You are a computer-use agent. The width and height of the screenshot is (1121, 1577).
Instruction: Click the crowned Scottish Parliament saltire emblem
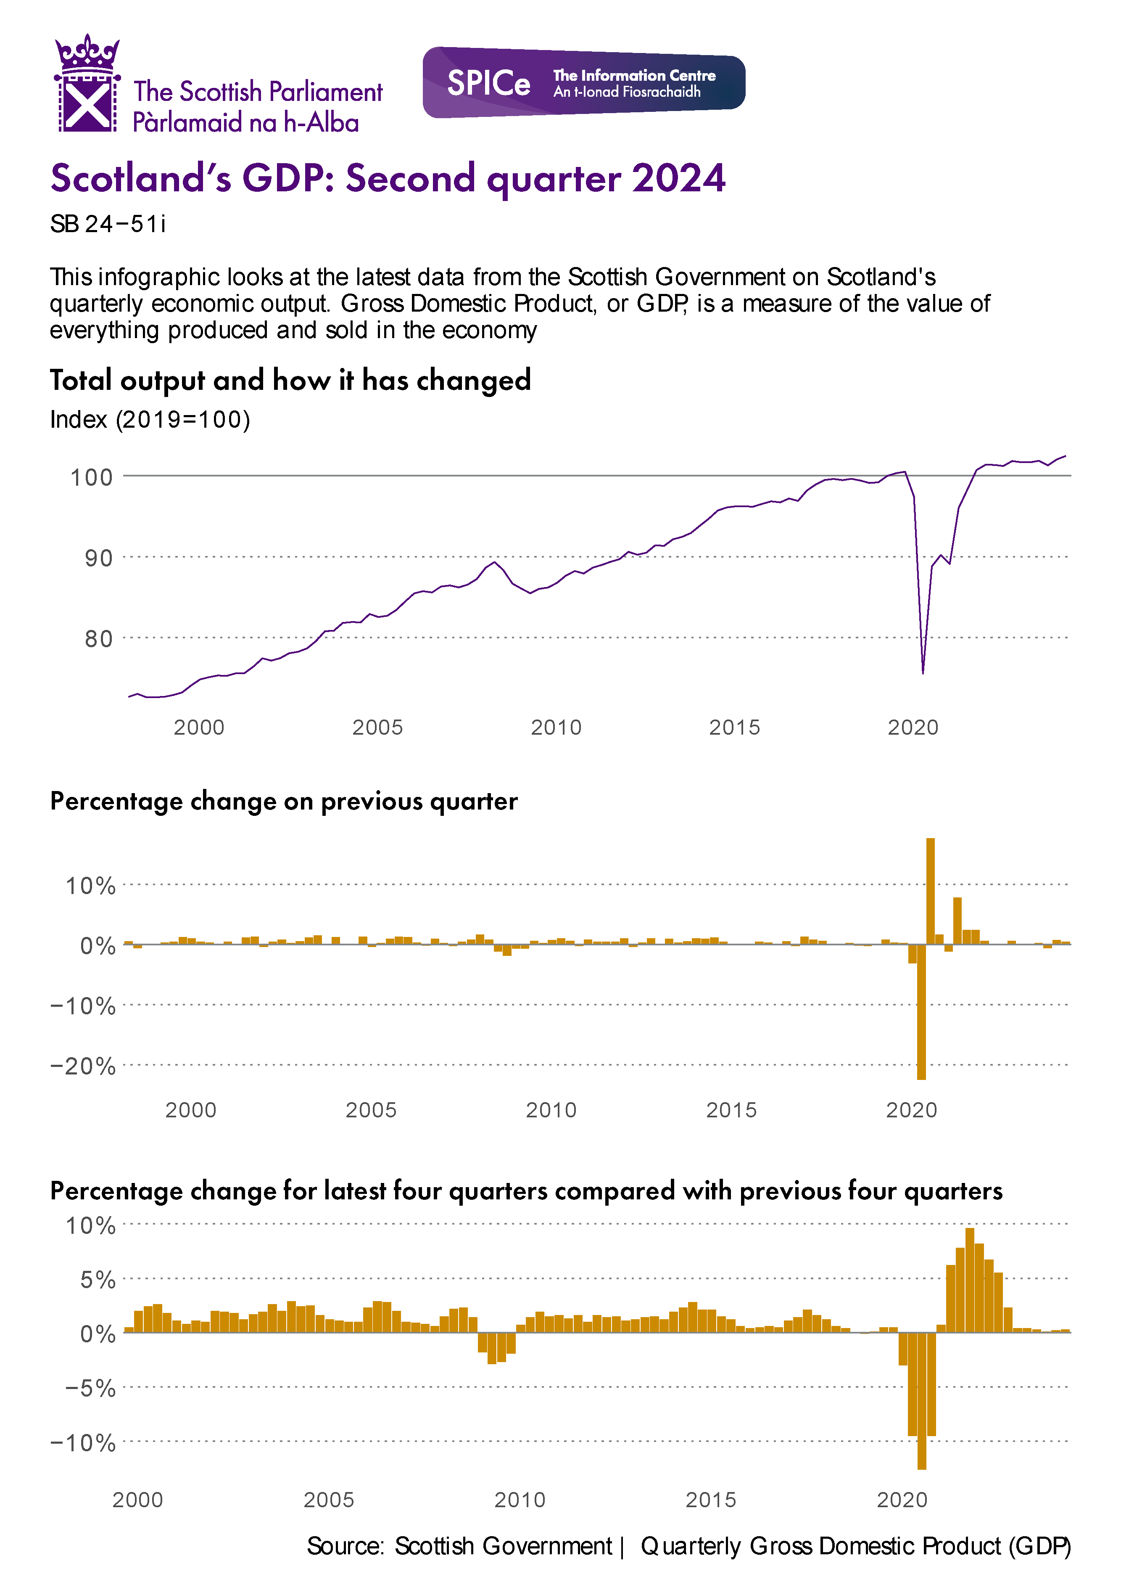(87, 84)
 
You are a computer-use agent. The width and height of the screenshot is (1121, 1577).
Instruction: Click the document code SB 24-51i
(108, 225)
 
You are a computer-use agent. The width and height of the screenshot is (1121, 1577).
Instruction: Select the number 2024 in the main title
(678, 178)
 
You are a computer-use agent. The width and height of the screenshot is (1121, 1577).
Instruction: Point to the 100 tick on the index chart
(91, 477)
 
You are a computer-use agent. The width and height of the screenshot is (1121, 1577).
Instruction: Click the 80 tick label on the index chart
(98, 639)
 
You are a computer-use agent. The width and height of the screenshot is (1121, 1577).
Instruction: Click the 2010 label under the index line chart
(556, 727)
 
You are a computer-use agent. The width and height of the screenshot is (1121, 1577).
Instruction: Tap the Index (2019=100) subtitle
(150, 419)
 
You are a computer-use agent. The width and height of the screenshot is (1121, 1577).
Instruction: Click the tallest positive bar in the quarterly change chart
(930, 891)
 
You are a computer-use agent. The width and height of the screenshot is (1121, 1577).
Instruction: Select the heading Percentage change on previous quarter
(284, 801)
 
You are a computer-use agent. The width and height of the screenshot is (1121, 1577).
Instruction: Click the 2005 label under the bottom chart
(329, 1500)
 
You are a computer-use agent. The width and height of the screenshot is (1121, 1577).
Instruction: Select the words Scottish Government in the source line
(503, 1546)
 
